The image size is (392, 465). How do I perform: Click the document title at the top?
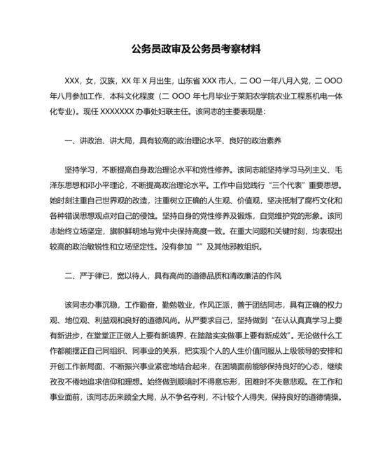[x=196, y=50]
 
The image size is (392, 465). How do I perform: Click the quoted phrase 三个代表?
[x=286, y=186]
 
